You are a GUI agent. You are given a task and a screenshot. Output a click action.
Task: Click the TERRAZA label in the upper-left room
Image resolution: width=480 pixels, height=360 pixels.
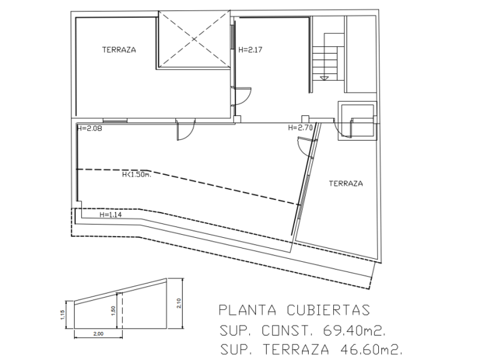[x=119, y=50]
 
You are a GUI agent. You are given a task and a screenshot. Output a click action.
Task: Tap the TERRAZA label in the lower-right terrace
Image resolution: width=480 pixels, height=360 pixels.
[x=346, y=184]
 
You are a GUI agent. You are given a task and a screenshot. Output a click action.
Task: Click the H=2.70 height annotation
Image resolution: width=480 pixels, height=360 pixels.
[x=301, y=128]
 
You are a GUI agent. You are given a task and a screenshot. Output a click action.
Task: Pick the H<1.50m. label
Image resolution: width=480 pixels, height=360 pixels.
[x=136, y=175]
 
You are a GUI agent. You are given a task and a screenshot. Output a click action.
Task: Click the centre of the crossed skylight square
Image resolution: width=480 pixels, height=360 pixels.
[x=194, y=39]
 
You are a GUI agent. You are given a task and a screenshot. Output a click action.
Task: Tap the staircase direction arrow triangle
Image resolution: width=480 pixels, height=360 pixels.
[x=325, y=78]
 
